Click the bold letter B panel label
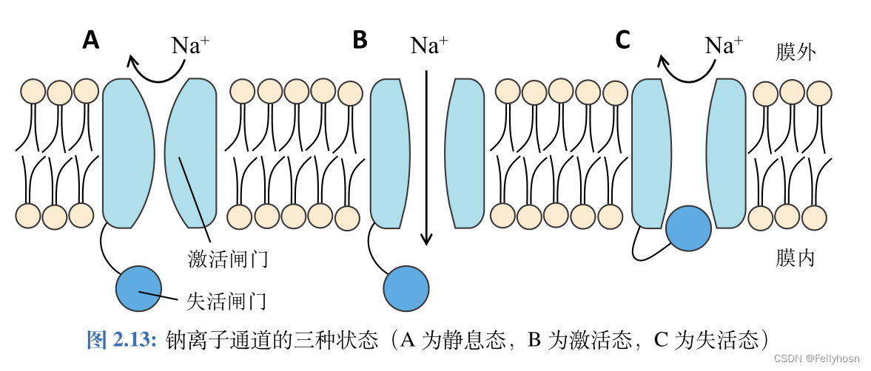tap(360, 40)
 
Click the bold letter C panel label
tap(622, 40)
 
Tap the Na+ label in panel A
tap(190, 45)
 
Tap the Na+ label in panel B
tap(429, 45)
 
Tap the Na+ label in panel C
tap(724, 45)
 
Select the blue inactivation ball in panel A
tap(138, 288)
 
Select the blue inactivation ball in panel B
tap(406, 288)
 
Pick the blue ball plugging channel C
tap(688, 228)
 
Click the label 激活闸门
tap(227, 259)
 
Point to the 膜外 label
tap(796, 52)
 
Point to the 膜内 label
tap(796, 258)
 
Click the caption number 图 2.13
tap(122, 339)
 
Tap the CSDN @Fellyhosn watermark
tap(817, 358)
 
